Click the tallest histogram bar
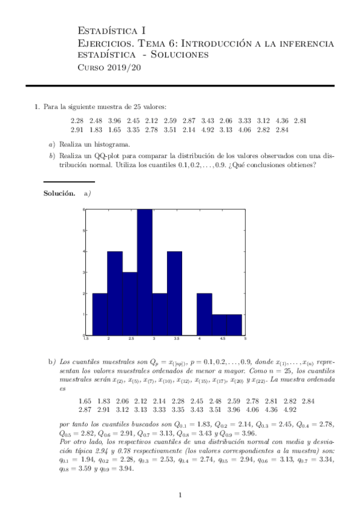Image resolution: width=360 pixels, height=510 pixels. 145,272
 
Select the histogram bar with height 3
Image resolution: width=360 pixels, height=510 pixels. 130,304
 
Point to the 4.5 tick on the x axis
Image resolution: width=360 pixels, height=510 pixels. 222,339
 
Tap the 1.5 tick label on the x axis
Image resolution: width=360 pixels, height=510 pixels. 87,339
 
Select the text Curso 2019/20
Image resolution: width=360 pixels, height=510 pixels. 111,67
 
